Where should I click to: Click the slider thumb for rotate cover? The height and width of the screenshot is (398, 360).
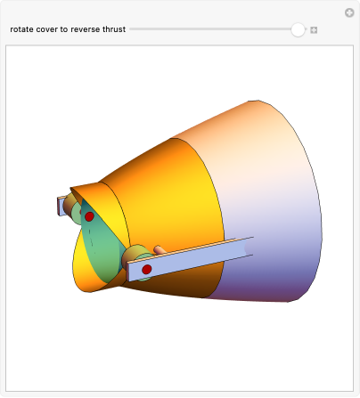298,29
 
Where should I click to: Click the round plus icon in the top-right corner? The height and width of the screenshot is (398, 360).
349,12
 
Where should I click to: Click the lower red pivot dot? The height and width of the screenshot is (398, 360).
147,269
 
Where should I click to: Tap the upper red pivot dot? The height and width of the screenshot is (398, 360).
89,216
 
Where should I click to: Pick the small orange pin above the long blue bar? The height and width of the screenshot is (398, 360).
161,250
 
